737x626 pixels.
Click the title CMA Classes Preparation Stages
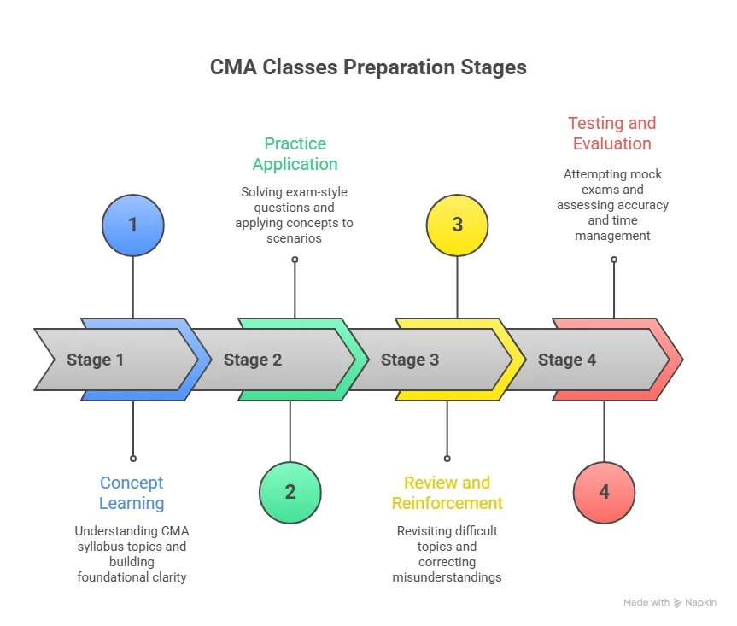tap(368, 67)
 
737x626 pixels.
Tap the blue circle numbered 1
tap(132, 225)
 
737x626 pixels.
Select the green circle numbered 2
tap(290, 492)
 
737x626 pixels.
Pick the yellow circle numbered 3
tap(457, 225)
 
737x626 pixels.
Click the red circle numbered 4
tap(604, 492)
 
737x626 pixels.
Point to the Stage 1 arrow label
tap(95, 360)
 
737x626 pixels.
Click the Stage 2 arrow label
tap(252, 360)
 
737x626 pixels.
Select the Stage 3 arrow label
tap(409, 360)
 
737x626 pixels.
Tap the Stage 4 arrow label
tap(566, 360)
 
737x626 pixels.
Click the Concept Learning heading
tap(132, 493)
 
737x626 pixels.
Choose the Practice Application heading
tap(295, 154)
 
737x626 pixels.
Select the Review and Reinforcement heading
tap(447, 493)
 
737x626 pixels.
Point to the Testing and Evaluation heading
tap(612, 133)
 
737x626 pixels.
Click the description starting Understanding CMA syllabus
tap(132, 553)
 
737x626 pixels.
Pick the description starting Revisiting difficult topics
tap(447, 553)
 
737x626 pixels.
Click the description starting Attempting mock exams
tap(612, 204)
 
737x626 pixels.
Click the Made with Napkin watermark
tap(670, 602)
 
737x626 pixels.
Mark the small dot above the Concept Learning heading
tap(132, 459)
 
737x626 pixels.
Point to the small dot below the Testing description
tap(613, 260)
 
